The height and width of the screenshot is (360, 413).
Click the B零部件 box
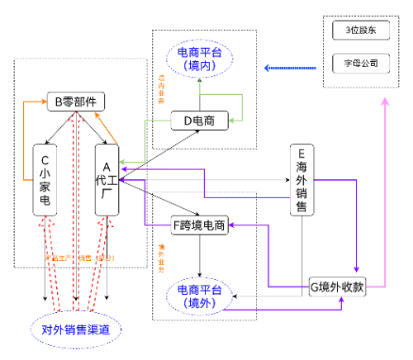click(75, 102)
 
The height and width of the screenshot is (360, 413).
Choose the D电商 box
click(199, 121)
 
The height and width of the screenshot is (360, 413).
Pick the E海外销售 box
click(301, 179)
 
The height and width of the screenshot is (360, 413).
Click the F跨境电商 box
click(199, 225)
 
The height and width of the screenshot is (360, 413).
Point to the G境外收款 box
click(337, 287)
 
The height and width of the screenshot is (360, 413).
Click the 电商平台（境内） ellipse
click(199, 59)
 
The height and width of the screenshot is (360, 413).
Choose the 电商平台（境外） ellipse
click(199, 296)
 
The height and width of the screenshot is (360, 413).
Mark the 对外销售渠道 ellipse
click(75, 330)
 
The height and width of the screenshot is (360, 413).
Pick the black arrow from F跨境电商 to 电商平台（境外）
click(199, 256)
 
